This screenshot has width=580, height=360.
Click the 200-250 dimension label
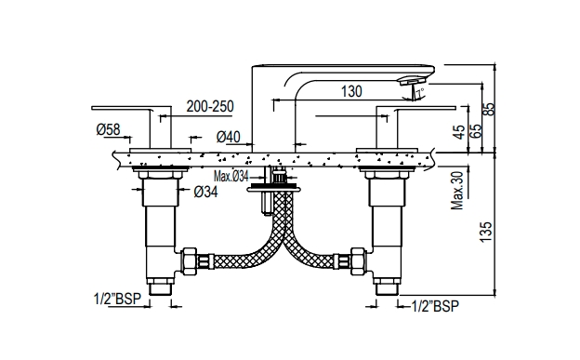209,109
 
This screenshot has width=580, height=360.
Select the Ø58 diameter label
107,129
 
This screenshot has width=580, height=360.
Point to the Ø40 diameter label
229,137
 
